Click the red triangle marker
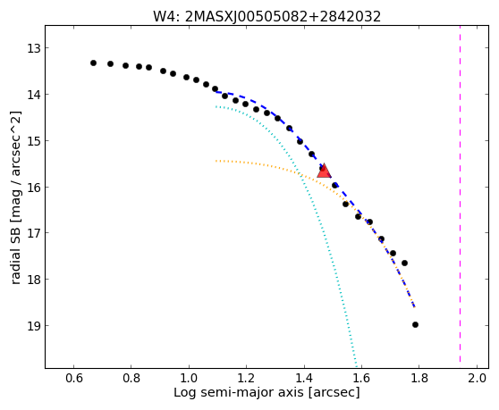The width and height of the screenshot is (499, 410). (x=324, y=171)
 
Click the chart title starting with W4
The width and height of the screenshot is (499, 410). (x=266, y=16)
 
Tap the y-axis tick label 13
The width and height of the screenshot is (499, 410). (x=34, y=48)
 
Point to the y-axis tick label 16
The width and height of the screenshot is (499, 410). (x=34, y=188)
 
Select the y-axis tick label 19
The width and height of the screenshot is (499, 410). (x=34, y=326)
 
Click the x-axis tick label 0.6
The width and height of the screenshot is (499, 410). (x=74, y=379)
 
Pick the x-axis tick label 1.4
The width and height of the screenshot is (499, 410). (x=304, y=379)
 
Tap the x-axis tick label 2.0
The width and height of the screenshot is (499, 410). (x=477, y=379)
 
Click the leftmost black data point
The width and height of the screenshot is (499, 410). (x=93, y=63)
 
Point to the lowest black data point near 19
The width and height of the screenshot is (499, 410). (x=415, y=324)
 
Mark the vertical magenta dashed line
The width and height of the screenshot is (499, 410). (x=461, y=194)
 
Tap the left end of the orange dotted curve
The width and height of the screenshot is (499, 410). (x=216, y=161)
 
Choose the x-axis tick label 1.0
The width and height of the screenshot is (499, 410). (x=189, y=379)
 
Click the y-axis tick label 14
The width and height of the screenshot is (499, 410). (x=34, y=95)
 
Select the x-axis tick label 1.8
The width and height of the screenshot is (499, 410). (x=419, y=379)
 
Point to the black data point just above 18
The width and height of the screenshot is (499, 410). (x=404, y=263)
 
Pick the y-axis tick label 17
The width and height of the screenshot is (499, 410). (x=34, y=234)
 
